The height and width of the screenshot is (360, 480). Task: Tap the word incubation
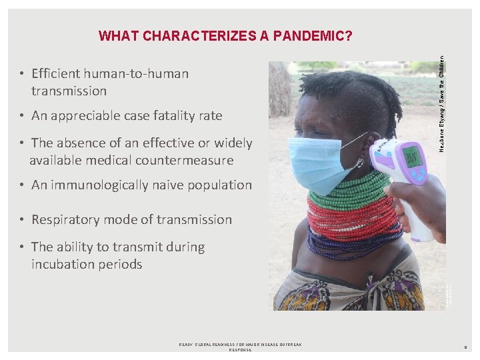pyautogui.click(x=63, y=264)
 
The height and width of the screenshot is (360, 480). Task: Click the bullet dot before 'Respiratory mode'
pyautogui.click(x=22, y=219)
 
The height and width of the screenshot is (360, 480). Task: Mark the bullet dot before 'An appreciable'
pyautogui.click(x=22, y=115)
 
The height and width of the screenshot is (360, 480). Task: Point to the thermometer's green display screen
pyautogui.click(x=413, y=158)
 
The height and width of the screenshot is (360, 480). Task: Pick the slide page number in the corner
pyautogui.click(x=464, y=347)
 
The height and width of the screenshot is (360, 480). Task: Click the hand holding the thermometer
pyautogui.click(x=421, y=203)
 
